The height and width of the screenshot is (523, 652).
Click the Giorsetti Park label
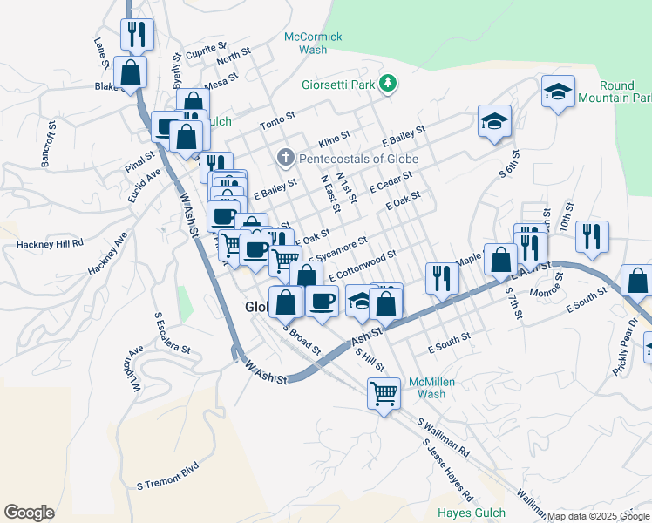click(336, 85)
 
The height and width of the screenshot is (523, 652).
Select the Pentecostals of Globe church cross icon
click(284, 158)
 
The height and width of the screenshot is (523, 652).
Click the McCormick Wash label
click(313, 43)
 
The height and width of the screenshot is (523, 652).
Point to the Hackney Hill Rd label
click(49, 245)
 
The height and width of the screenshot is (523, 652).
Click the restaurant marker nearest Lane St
click(136, 34)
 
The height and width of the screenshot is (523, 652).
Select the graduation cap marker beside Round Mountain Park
click(558, 91)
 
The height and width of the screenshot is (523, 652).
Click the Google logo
click(29, 513)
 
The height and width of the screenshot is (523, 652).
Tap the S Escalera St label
click(172, 332)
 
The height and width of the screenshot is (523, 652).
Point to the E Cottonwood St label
click(363, 266)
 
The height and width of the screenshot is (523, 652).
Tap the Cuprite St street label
click(206, 50)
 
